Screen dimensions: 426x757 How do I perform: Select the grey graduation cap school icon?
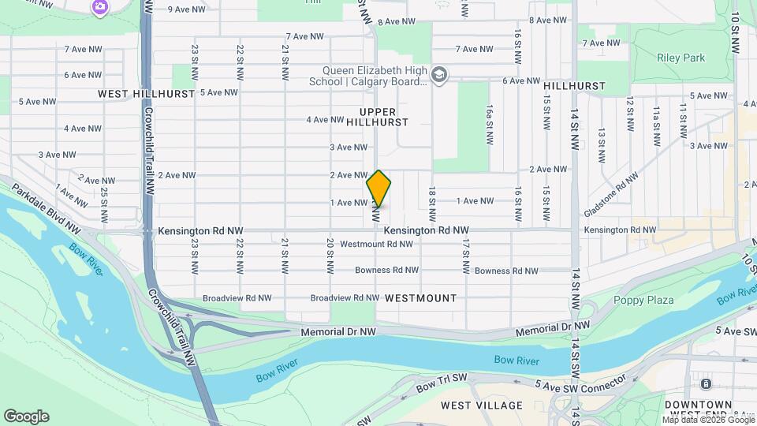(x=439, y=76)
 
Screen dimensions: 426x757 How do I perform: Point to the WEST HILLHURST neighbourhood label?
(x=146, y=93)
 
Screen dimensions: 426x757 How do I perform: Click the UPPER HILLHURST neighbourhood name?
(x=384, y=117)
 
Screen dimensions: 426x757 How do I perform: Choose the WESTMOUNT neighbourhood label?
(x=421, y=298)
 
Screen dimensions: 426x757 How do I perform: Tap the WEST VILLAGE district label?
(x=481, y=405)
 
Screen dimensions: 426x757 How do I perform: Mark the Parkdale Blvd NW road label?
(x=46, y=208)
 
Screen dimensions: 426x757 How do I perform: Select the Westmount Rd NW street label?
(x=376, y=244)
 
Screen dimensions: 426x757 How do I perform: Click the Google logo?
(x=26, y=416)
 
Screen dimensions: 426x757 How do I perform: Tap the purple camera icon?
(x=99, y=8)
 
